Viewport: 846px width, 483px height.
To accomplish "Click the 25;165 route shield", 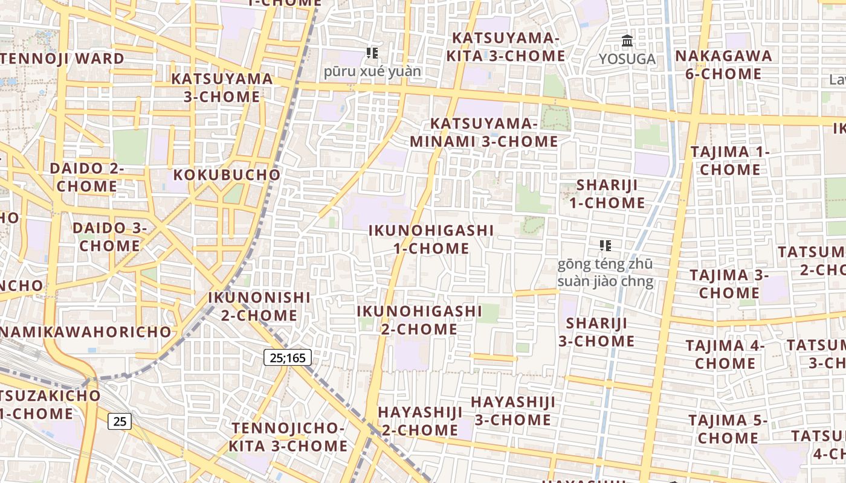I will pyautogui.click(x=288, y=357).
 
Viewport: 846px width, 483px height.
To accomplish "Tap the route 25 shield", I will pyautogui.click(x=120, y=421).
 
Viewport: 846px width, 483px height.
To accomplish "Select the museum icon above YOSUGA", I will pyautogui.click(x=627, y=41).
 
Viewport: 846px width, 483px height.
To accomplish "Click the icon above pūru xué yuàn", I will pyautogui.click(x=372, y=53).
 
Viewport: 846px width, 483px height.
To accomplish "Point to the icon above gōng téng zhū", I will pyautogui.click(x=605, y=245).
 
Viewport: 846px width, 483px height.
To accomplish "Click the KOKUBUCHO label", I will pyautogui.click(x=227, y=175).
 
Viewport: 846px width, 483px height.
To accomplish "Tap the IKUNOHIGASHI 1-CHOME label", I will pyautogui.click(x=431, y=239).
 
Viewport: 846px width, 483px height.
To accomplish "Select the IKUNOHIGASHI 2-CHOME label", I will pyautogui.click(x=419, y=320).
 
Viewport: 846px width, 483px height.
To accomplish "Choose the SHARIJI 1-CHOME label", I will pyautogui.click(x=607, y=194).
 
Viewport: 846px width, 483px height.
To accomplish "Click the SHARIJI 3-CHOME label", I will pyautogui.click(x=596, y=332).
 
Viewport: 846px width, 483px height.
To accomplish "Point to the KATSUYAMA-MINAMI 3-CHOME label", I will pyautogui.click(x=484, y=132).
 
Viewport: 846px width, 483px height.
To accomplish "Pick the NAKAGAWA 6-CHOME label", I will pyautogui.click(x=723, y=65).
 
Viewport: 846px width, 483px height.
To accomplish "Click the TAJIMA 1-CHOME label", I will pyautogui.click(x=730, y=161).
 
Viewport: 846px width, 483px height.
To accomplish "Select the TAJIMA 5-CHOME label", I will pyautogui.click(x=728, y=429).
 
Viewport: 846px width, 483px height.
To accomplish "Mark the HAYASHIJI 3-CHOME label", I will pyautogui.click(x=513, y=411).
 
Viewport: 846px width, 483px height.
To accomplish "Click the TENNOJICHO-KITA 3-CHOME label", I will pyautogui.click(x=288, y=437).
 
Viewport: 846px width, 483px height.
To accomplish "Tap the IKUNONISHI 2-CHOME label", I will pyautogui.click(x=259, y=306).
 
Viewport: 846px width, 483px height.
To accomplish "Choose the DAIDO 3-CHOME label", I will pyautogui.click(x=109, y=237).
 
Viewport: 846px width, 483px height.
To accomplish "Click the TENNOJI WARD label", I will pyautogui.click(x=62, y=59).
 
